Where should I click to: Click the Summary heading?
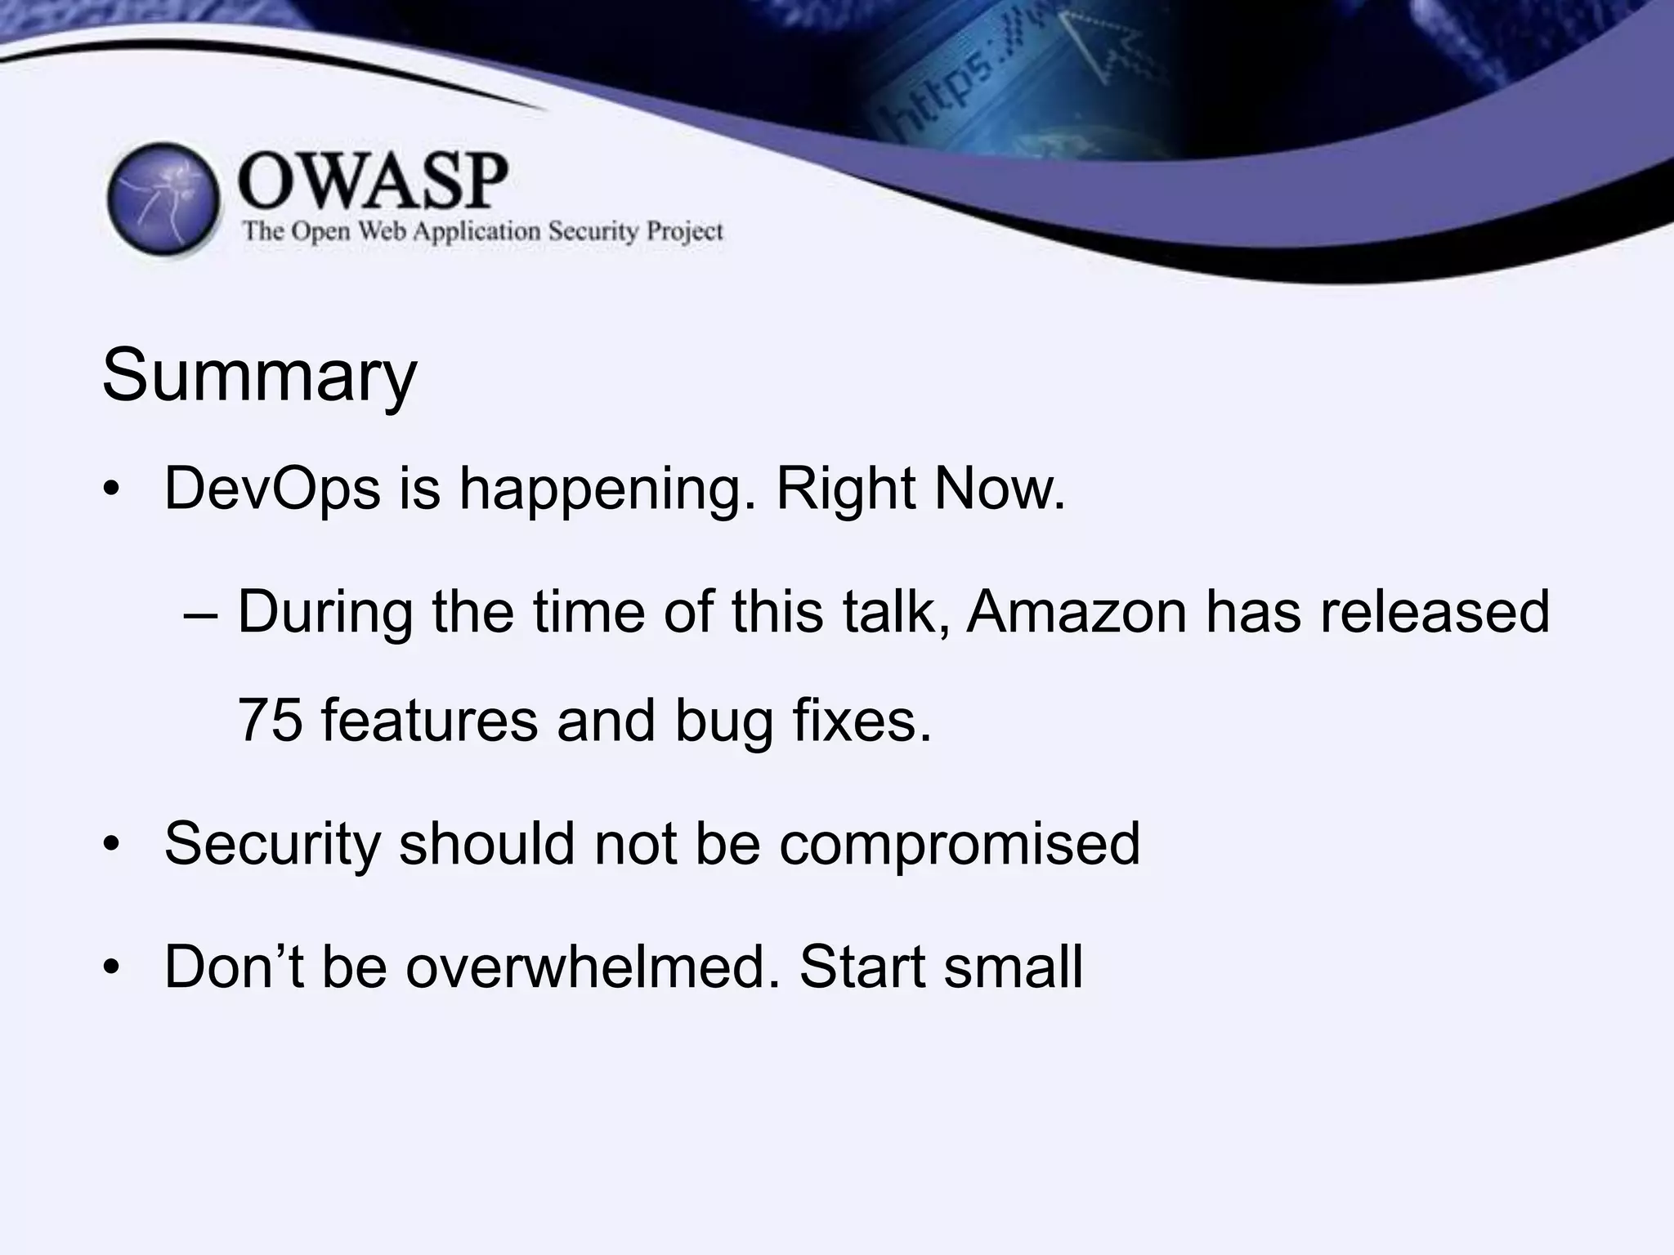[259, 377]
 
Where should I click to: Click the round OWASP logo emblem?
[163, 201]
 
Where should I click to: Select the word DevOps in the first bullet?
[272, 489]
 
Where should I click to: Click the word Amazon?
[1076, 612]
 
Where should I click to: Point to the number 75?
[270, 721]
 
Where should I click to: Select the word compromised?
[959, 844]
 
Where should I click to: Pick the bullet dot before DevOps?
[112, 490]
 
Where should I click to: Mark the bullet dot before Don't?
[112, 968]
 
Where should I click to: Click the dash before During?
[201, 614]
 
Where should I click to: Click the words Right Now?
[920, 489]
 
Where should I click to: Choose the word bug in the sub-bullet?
[723, 721]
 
